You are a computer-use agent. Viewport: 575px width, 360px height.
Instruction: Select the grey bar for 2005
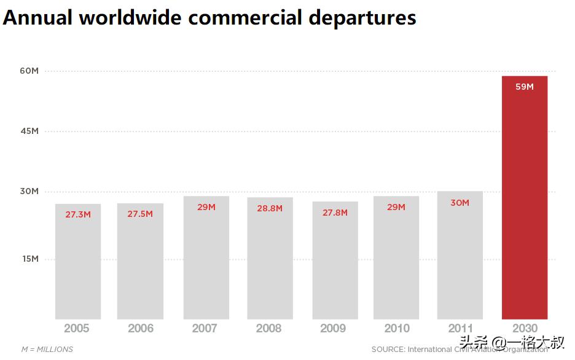pos(78,264)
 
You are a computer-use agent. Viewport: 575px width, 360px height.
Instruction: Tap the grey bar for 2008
pos(270,264)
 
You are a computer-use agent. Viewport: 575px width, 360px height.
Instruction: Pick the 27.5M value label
pos(140,214)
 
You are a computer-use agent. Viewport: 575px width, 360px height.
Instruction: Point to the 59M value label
pos(524,87)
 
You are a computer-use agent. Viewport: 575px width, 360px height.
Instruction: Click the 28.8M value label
pos(270,209)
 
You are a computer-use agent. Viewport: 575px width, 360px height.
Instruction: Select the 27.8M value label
pos(335,213)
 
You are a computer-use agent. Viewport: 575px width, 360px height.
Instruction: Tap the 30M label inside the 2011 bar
pos(460,203)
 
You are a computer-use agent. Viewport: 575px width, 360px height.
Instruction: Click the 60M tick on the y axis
pos(29,71)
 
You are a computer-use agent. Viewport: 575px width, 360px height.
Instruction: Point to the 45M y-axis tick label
pos(29,131)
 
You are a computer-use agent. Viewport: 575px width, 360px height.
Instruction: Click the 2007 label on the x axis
pos(205,329)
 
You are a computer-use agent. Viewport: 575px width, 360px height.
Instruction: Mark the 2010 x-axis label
pos(397,329)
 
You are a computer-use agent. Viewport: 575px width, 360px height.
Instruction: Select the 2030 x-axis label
pos(524,329)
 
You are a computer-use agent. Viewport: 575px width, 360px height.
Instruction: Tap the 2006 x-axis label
pos(141,329)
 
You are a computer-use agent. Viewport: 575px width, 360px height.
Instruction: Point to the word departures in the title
pos(362,18)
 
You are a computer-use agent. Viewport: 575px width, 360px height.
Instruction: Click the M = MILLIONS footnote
pos(47,350)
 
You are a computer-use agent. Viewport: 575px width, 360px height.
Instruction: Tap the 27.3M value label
pos(78,215)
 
